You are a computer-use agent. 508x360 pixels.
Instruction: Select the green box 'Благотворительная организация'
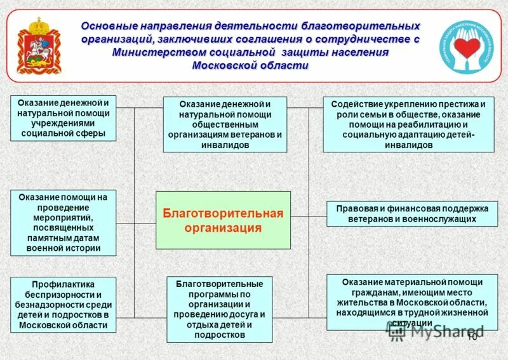223,220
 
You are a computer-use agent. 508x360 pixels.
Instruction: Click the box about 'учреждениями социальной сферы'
63,118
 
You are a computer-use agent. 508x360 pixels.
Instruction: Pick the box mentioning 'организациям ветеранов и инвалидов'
224,124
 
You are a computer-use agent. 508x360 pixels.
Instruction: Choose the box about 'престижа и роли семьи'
408,124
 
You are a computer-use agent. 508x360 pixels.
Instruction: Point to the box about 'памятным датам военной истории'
63,223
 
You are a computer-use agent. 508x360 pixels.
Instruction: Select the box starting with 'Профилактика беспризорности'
63,304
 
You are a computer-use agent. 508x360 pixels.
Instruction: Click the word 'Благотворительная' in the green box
223,213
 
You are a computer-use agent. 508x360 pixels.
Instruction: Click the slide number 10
471,337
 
